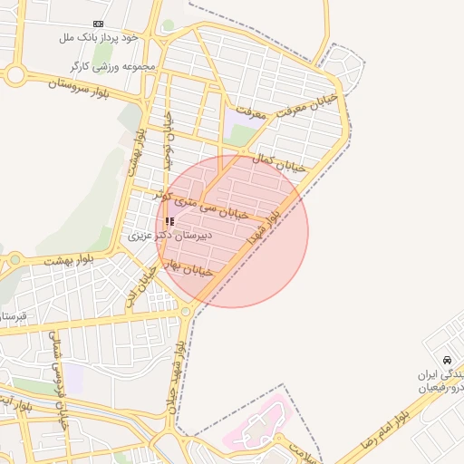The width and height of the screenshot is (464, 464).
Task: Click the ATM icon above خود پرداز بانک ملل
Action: [98, 24]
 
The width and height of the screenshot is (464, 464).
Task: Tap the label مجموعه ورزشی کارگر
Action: [112, 67]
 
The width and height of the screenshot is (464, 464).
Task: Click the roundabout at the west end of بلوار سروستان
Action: [14, 74]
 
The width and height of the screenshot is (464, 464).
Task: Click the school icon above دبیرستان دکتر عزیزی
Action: [169, 220]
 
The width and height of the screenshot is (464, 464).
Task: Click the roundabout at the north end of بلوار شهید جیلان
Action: [186, 312]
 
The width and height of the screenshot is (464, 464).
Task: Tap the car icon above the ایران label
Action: [448, 360]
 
